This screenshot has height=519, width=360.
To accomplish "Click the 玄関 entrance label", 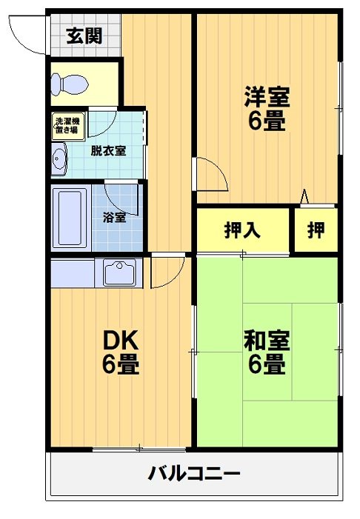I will [x=83, y=36].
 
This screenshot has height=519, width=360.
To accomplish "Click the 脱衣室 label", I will [x=108, y=150].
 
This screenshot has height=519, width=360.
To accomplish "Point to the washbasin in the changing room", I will [x=59, y=158].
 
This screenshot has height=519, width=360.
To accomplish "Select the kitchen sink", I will [x=118, y=273].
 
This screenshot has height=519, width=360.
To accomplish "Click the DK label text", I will [x=121, y=340].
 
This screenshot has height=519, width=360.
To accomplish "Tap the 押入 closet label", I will [x=242, y=230].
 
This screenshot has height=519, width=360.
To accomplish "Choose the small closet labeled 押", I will [x=316, y=230].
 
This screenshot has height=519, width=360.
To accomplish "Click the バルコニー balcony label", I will [x=193, y=472].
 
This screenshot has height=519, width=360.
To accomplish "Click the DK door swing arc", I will [x=164, y=272].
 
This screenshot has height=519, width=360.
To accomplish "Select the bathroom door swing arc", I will [x=119, y=194].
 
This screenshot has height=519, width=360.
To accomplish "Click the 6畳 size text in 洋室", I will [x=267, y=121].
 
